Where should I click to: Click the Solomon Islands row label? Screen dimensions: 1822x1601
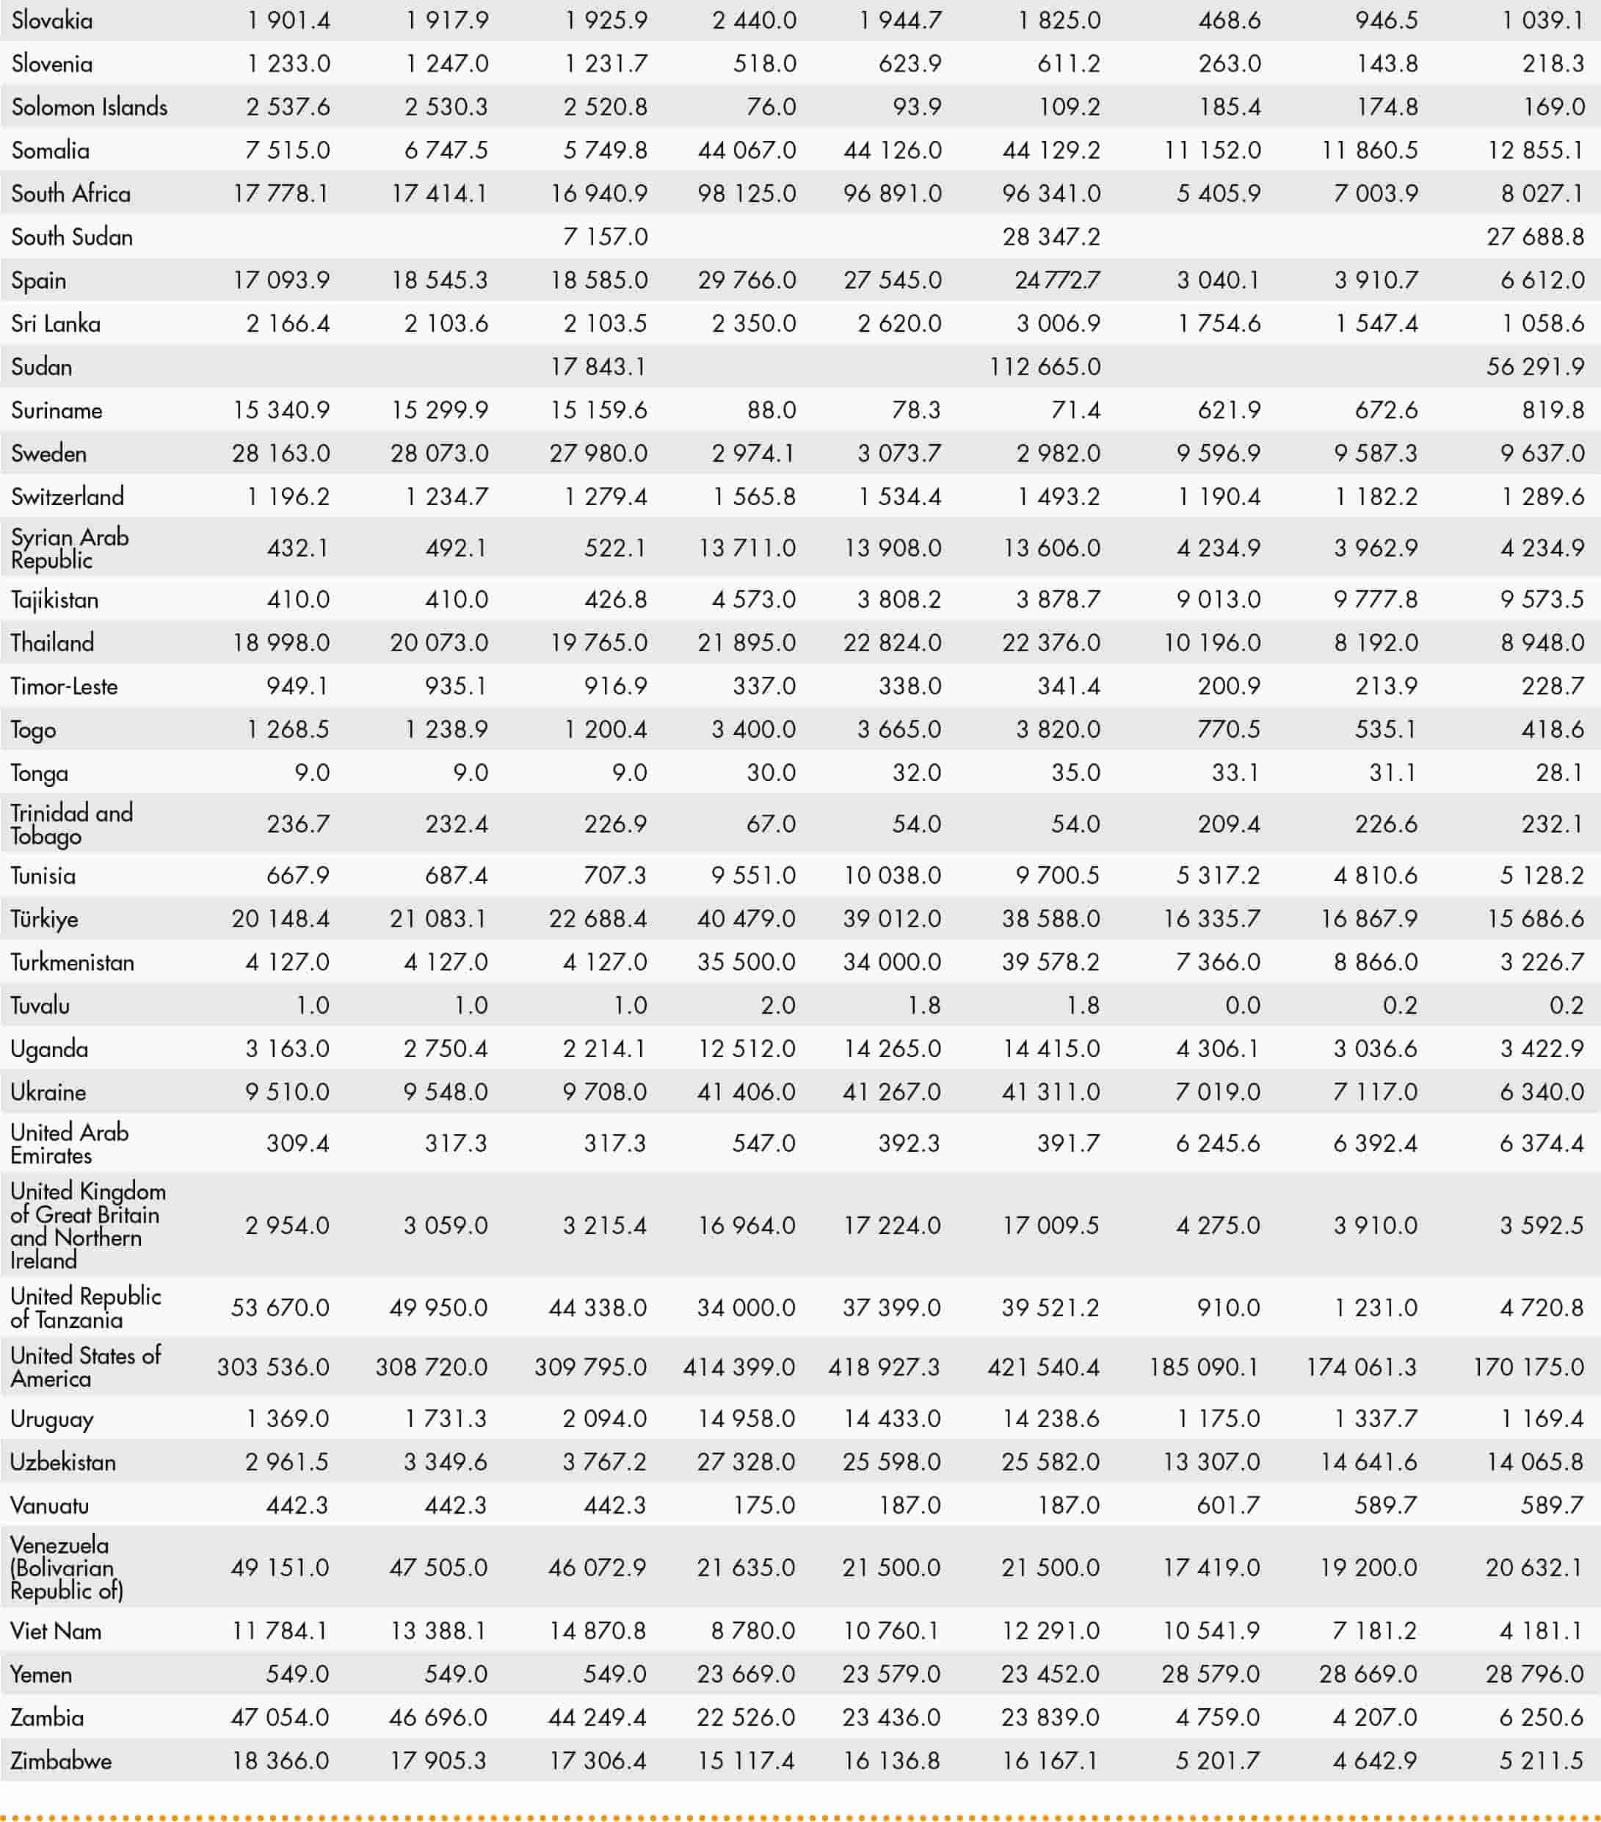(x=89, y=107)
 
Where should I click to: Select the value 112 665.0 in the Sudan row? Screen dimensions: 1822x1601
(x=1045, y=366)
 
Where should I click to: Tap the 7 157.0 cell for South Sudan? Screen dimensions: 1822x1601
(x=606, y=237)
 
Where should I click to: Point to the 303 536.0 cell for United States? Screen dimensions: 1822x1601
(x=273, y=1367)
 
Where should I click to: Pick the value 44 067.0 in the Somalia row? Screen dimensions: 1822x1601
(x=747, y=150)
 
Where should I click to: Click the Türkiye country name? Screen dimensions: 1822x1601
(x=45, y=918)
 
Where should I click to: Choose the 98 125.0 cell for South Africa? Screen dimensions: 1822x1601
(x=747, y=194)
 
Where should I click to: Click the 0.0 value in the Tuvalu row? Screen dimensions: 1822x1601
(x=1243, y=1006)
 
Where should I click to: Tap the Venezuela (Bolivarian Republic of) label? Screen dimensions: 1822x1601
(x=66, y=1567)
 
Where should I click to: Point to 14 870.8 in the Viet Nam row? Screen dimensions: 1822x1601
(x=598, y=1630)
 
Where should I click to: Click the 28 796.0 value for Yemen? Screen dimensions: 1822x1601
(x=1535, y=1673)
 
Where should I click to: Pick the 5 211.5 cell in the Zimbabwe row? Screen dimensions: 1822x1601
(x=1542, y=1760)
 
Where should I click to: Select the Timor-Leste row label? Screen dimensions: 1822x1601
(x=64, y=686)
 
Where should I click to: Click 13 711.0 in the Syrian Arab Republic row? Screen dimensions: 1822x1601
(x=747, y=548)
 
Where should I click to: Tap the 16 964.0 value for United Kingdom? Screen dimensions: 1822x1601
(x=747, y=1224)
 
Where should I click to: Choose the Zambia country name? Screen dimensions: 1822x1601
(x=47, y=1717)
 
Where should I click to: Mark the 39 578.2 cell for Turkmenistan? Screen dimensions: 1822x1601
(x=1051, y=962)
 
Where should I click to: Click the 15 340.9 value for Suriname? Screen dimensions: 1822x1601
(x=281, y=410)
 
